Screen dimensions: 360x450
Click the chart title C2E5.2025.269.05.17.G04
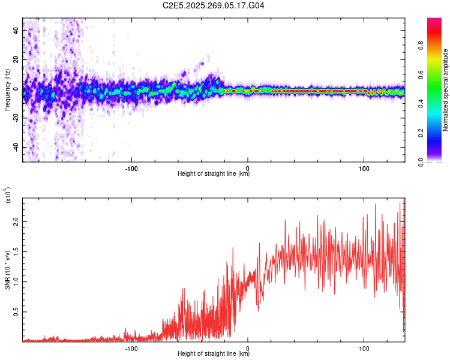pos(214,6)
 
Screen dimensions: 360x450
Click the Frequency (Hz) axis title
pos(7,90)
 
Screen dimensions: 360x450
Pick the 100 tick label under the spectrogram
pos(364,167)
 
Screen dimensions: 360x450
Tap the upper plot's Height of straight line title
pos(214,174)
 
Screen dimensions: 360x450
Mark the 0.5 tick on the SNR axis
pos(16,312)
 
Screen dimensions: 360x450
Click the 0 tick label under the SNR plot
pos(248,348)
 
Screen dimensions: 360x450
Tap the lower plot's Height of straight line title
pos(214,354)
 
